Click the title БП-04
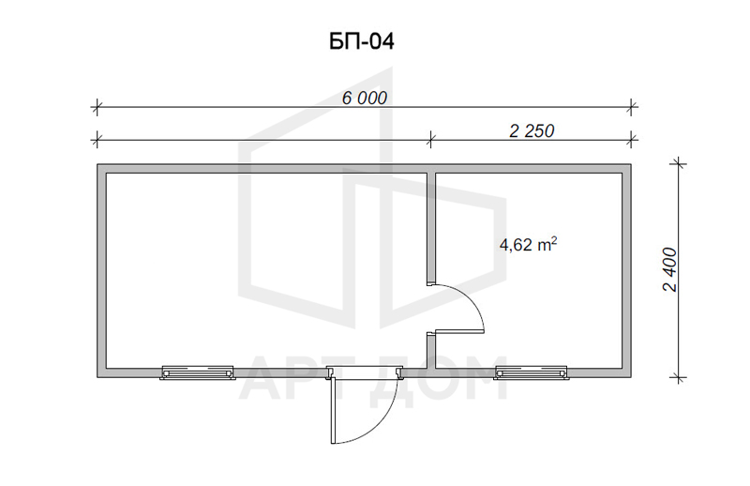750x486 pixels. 362,41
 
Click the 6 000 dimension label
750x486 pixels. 365,99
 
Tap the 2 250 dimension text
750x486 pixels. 532,130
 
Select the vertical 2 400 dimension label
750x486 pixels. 670,269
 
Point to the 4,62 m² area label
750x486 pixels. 528,245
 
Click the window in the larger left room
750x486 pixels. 198,372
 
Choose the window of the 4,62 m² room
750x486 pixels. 532,372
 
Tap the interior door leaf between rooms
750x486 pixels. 459,331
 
